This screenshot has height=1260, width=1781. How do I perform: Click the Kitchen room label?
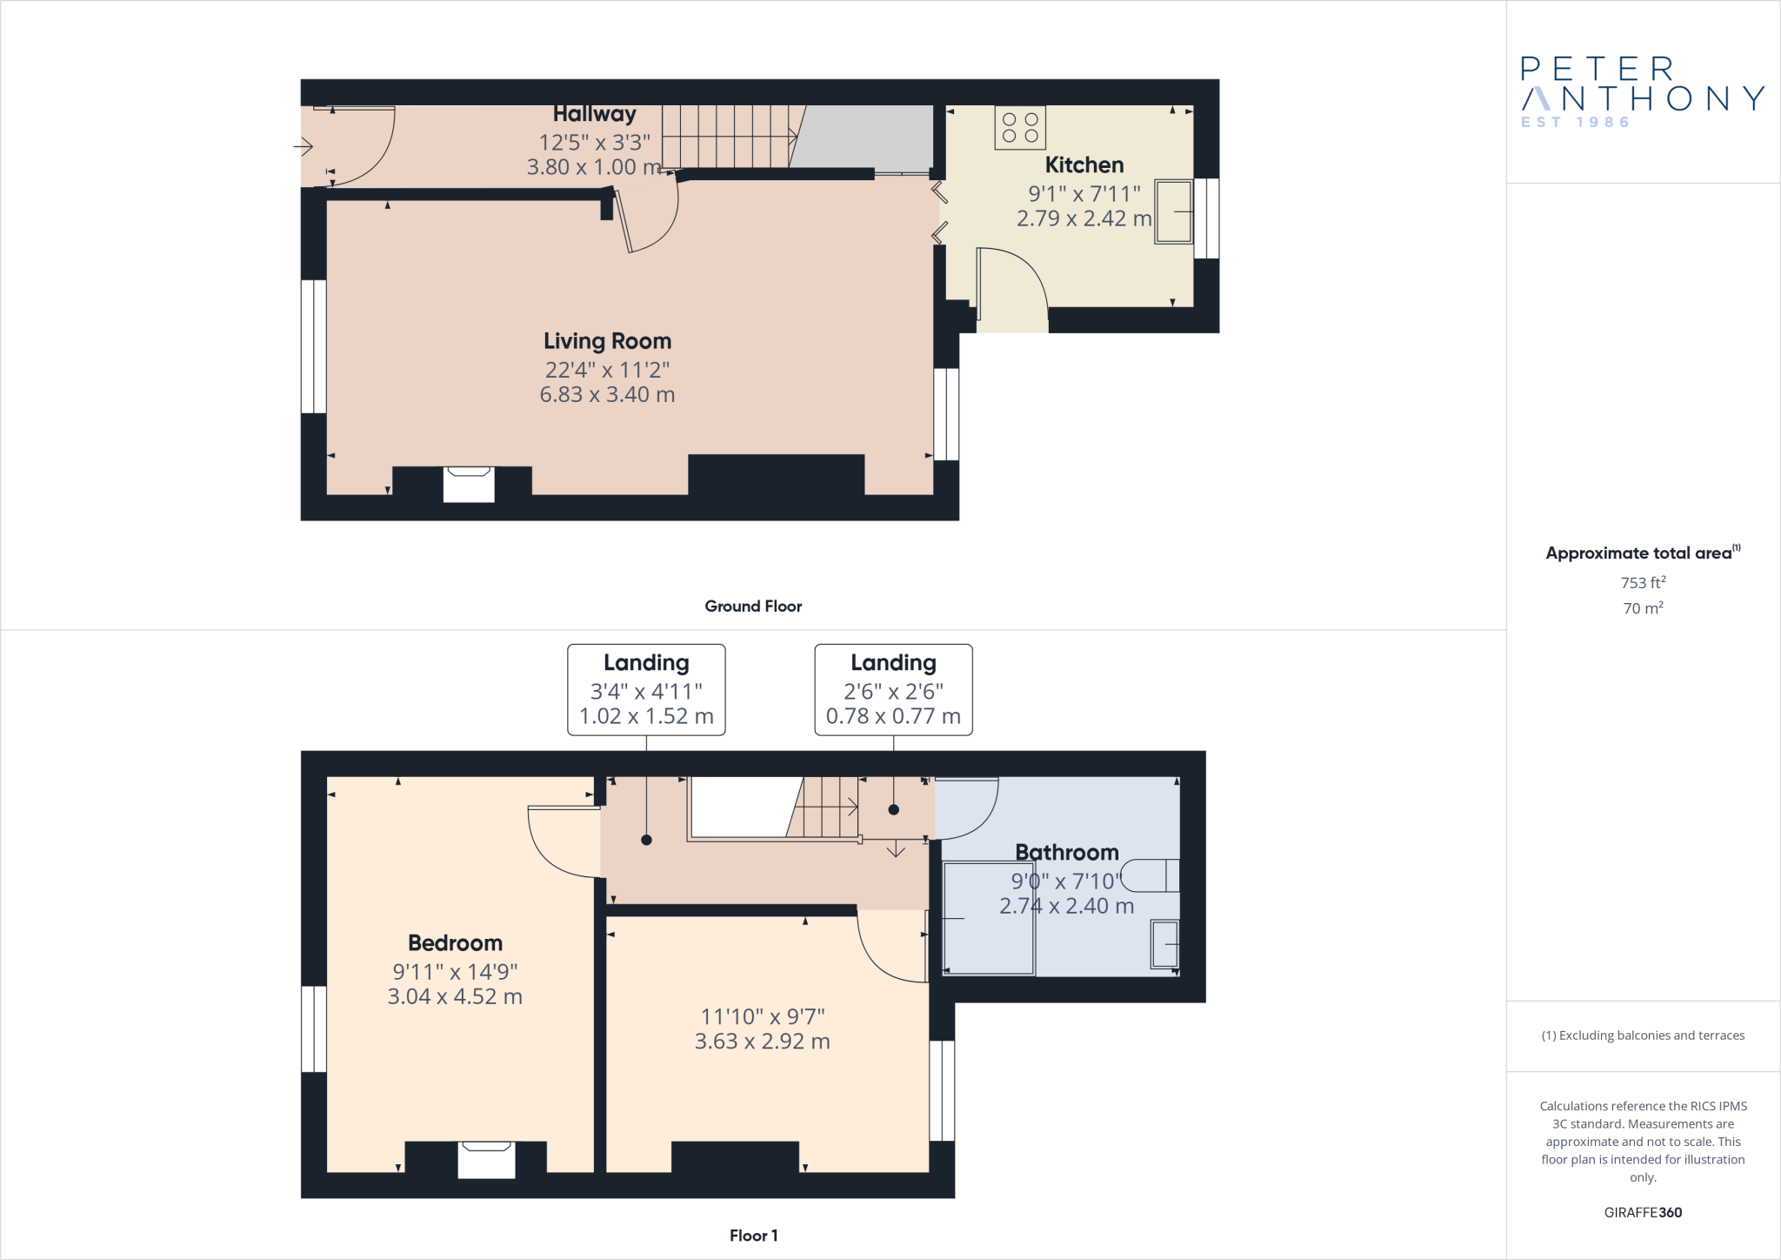pyautogui.click(x=1084, y=165)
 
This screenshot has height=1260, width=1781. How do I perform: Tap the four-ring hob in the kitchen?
pyautogui.click(x=1020, y=128)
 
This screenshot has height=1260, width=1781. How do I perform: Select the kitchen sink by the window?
pyautogui.click(x=1173, y=211)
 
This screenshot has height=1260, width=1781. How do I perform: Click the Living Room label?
pyautogui.click(x=607, y=341)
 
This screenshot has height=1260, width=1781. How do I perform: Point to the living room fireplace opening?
pyautogui.click(x=469, y=484)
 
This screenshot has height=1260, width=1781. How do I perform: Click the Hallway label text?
pyautogui.click(x=595, y=114)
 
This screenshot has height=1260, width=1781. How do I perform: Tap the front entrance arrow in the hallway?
pyautogui.click(x=304, y=146)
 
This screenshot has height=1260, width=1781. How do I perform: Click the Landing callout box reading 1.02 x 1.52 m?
pyautogui.click(x=646, y=690)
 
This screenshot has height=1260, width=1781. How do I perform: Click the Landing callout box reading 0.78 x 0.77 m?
pyautogui.click(x=893, y=690)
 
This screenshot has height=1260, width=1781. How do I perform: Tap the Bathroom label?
pyautogui.click(x=1066, y=853)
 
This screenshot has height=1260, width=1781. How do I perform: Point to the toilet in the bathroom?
pyautogui.click(x=1150, y=875)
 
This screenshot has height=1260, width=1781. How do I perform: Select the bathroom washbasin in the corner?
pyautogui.click(x=1164, y=944)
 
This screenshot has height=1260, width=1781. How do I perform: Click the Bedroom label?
pyautogui.click(x=455, y=943)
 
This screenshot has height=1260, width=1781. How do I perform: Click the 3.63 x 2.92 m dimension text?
pyautogui.click(x=762, y=1042)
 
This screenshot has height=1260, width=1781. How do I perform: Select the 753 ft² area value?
pyautogui.click(x=1643, y=583)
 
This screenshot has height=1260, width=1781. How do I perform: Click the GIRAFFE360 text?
pyautogui.click(x=1643, y=1212)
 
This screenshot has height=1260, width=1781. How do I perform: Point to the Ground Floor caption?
pyautogui.click(x=753, y=607)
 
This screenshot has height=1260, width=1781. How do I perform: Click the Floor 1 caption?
pyautogui.click(x=753, y=1236)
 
